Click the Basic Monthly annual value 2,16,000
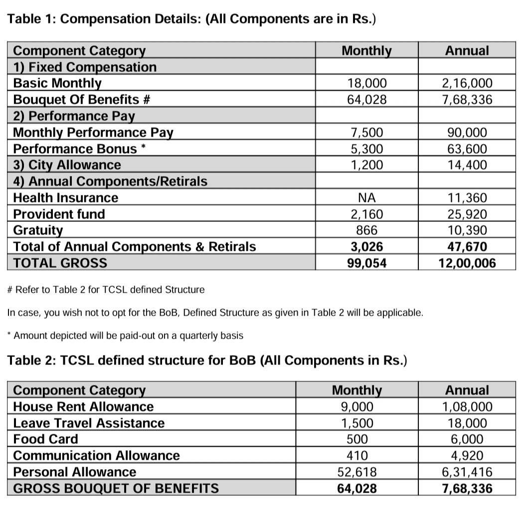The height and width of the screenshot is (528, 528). tap(467, 83)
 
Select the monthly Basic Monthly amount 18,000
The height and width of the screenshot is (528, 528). tap(366, 83)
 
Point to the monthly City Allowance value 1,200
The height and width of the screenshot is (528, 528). tap(366, 165)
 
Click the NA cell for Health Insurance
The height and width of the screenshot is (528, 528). tap(366, 198)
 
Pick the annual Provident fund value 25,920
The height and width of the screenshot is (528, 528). tap(467, 214)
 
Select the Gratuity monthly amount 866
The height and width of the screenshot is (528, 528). tap(366, 230)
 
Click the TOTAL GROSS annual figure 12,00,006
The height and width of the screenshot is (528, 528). tap(467, 263)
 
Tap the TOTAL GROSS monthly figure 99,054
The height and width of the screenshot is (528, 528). tap(366, 263)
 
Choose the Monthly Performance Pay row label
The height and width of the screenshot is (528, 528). tap(93, 133)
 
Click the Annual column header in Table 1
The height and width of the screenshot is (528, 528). tap(467, 50)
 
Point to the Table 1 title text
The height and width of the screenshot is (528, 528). tap(191, 19)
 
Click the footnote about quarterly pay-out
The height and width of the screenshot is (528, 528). tap(125, 336)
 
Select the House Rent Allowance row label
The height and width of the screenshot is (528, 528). tap(83, 407)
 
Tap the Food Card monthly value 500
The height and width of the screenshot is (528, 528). tap(357, 439)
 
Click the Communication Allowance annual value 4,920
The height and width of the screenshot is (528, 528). tap(467, 456)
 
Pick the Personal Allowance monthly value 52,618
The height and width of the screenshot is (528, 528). tap(357, 472)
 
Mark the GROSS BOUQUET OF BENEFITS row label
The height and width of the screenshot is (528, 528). tap(116, 488)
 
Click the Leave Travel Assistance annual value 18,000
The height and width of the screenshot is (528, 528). tap(467, 423)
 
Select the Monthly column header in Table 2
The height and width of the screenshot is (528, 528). tap(357, 390)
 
